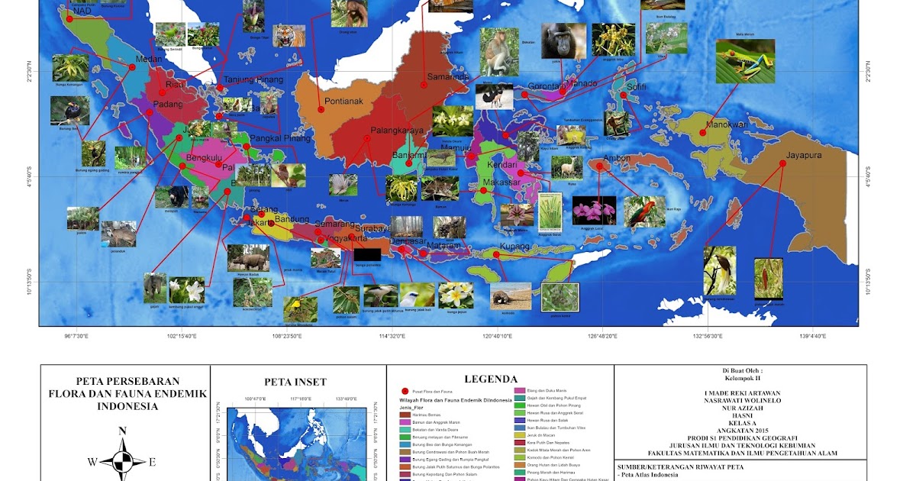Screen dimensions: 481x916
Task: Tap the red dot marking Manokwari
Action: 702,134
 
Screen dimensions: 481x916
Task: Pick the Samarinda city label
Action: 448,76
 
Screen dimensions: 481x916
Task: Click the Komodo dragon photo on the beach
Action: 509,295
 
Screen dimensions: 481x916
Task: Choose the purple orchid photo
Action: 593,209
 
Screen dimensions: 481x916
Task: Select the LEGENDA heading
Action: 491,379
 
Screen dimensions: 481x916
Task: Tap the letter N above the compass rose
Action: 122,431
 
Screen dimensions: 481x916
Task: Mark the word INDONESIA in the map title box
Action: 127,406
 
